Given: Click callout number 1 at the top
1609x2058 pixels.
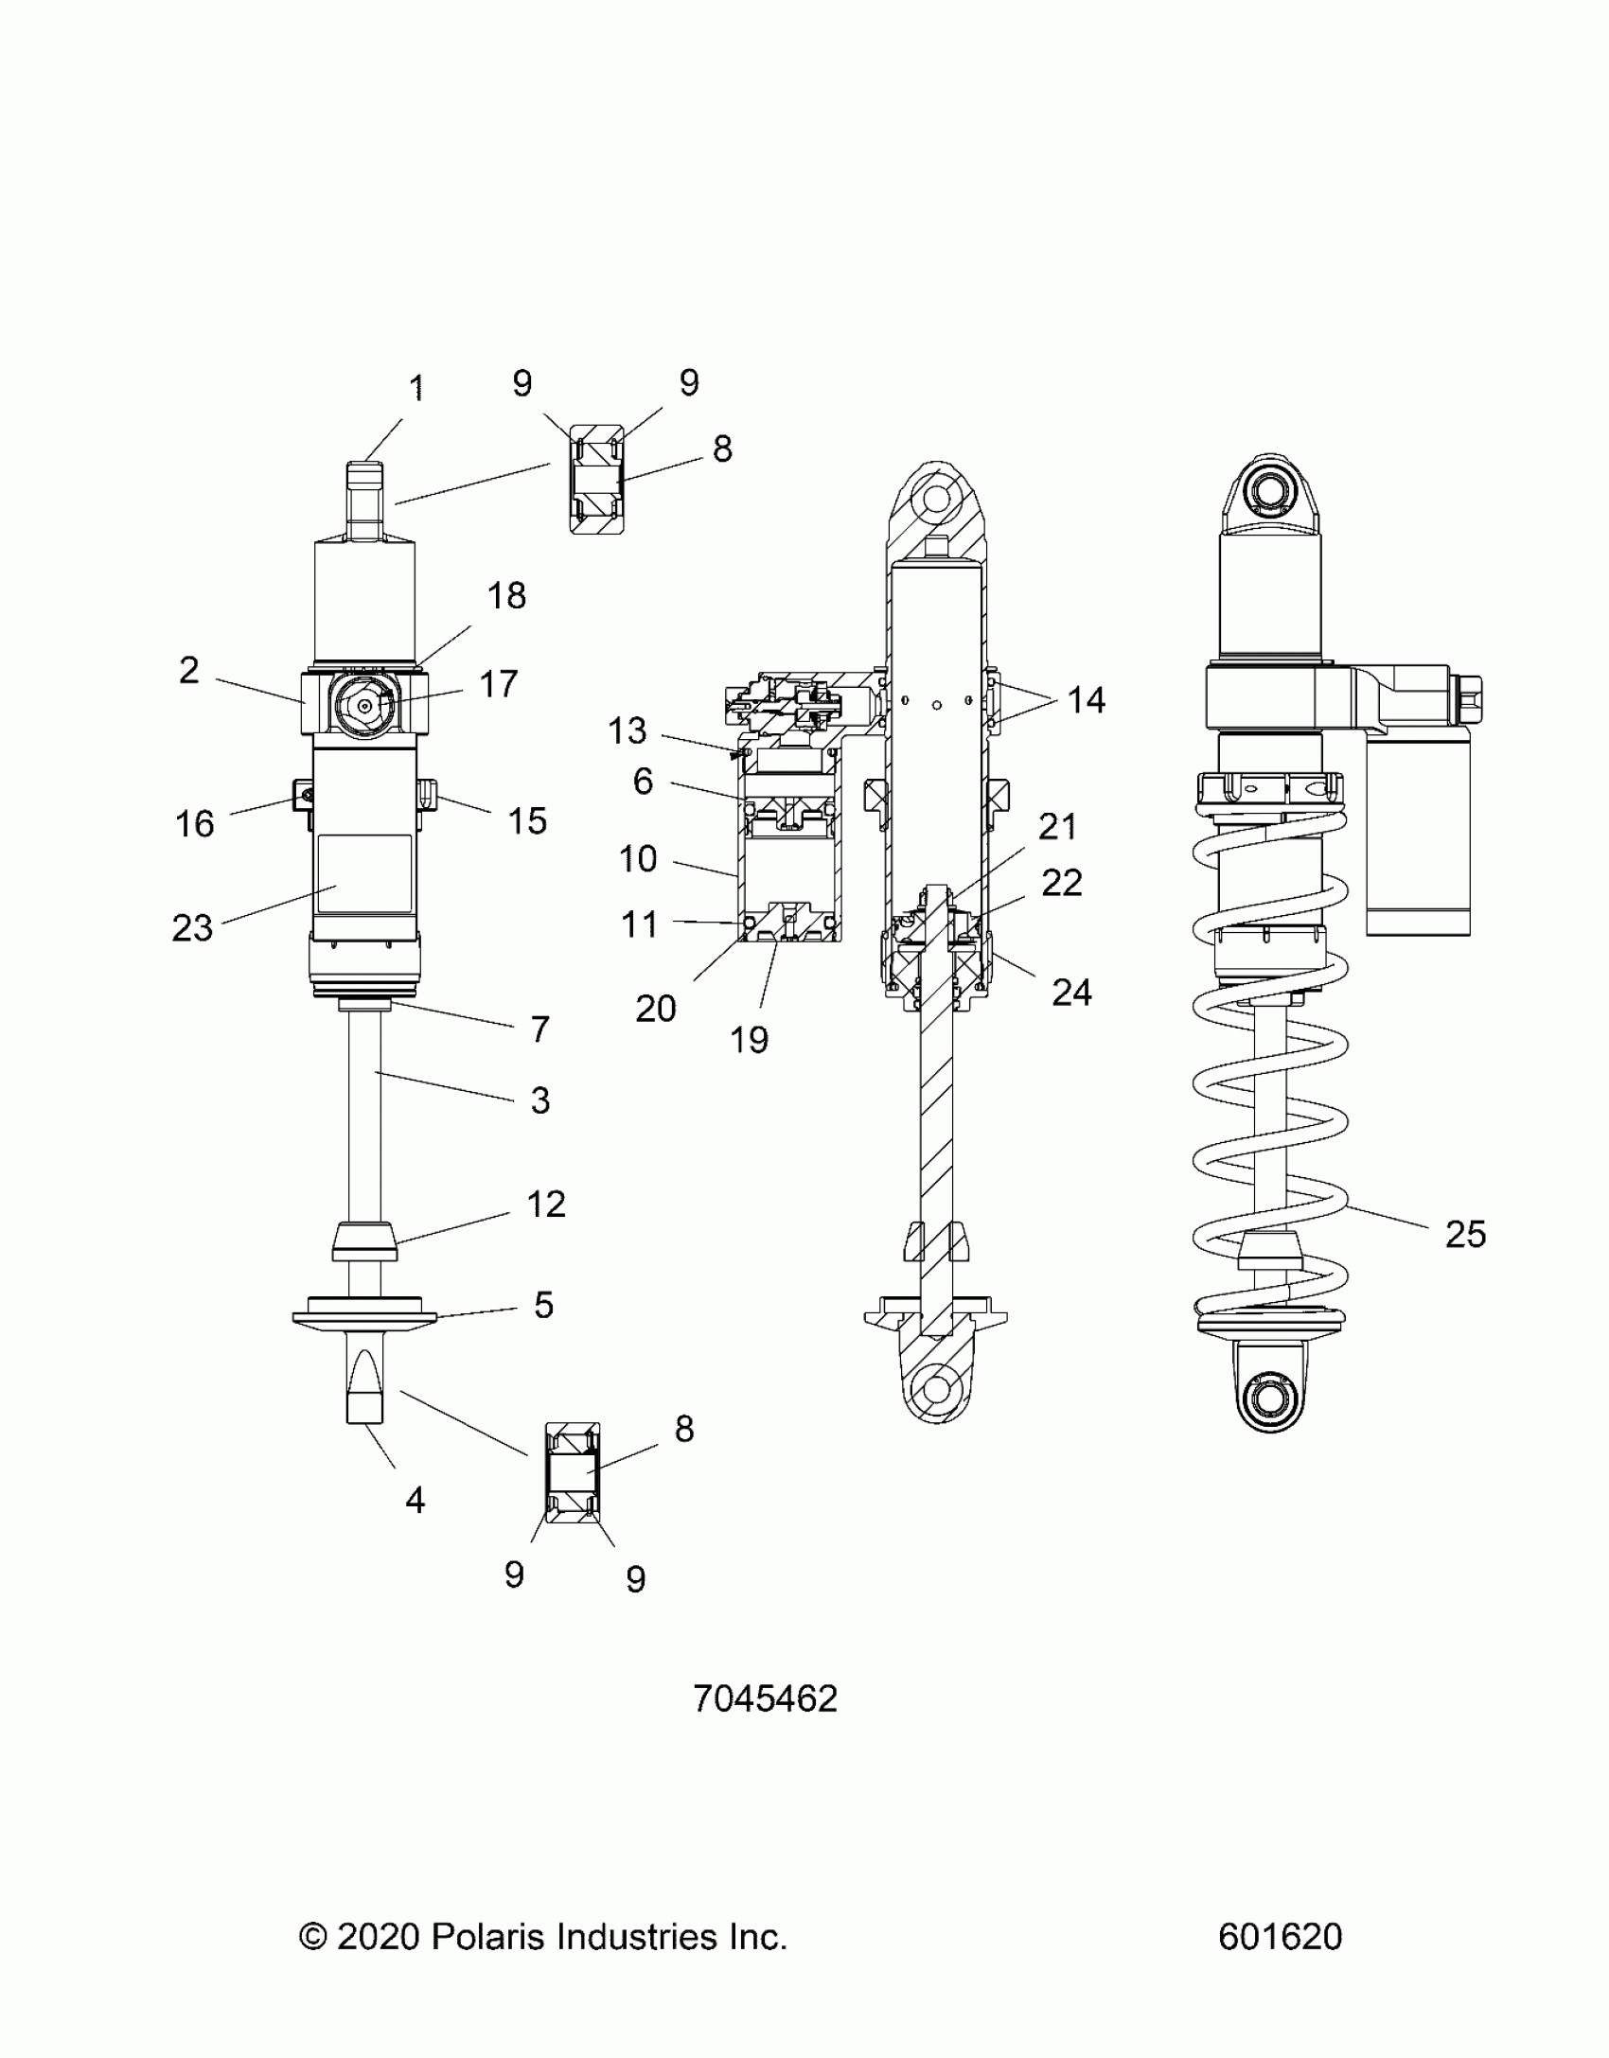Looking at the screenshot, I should (x=416, y=389).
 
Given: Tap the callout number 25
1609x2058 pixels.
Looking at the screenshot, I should (x=1465, y=1234).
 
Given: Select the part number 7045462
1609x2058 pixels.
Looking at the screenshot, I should (x=765, y=1698).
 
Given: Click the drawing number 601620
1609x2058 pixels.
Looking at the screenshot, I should (x=1280, y=1937).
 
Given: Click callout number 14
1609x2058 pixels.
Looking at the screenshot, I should (x=1086, y=700).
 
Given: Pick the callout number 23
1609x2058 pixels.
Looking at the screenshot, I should (x=192, y=928).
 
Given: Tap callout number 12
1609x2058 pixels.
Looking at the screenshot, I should (x=546, y=1204).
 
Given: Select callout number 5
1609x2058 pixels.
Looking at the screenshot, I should (x=543, y=1305).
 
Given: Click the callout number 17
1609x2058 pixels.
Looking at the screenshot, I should (x=499, y=683).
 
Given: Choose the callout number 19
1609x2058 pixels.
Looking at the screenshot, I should (x=749, y=1040).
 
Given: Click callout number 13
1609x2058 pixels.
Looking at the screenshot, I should (x=627, y=730).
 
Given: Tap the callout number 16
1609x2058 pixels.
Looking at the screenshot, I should (x=195, y=823).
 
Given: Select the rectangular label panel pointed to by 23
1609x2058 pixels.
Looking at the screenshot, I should (x=364, y=873).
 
